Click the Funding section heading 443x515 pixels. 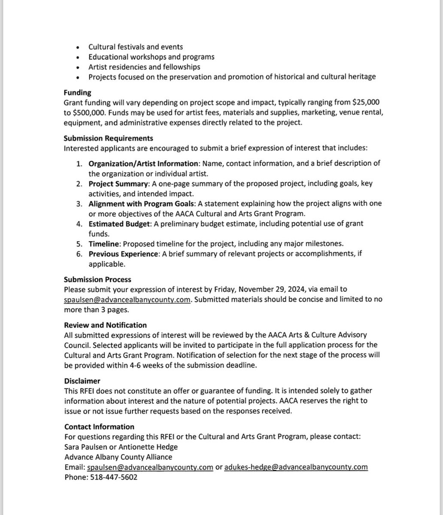point(77,92)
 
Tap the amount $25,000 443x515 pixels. point(363,103)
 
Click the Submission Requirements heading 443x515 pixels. point(108,138)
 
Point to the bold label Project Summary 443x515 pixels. point(118,184)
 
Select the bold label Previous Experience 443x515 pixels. point(122,254)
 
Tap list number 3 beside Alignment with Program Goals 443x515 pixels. point(79,203)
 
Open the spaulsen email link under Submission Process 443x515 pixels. point(127,300)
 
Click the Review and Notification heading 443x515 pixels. point(105,325)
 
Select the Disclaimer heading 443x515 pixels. point(82,381)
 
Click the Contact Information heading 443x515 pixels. point(99,427)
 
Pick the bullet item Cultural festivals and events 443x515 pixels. point(136,47)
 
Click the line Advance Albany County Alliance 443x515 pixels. point(118,457)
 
